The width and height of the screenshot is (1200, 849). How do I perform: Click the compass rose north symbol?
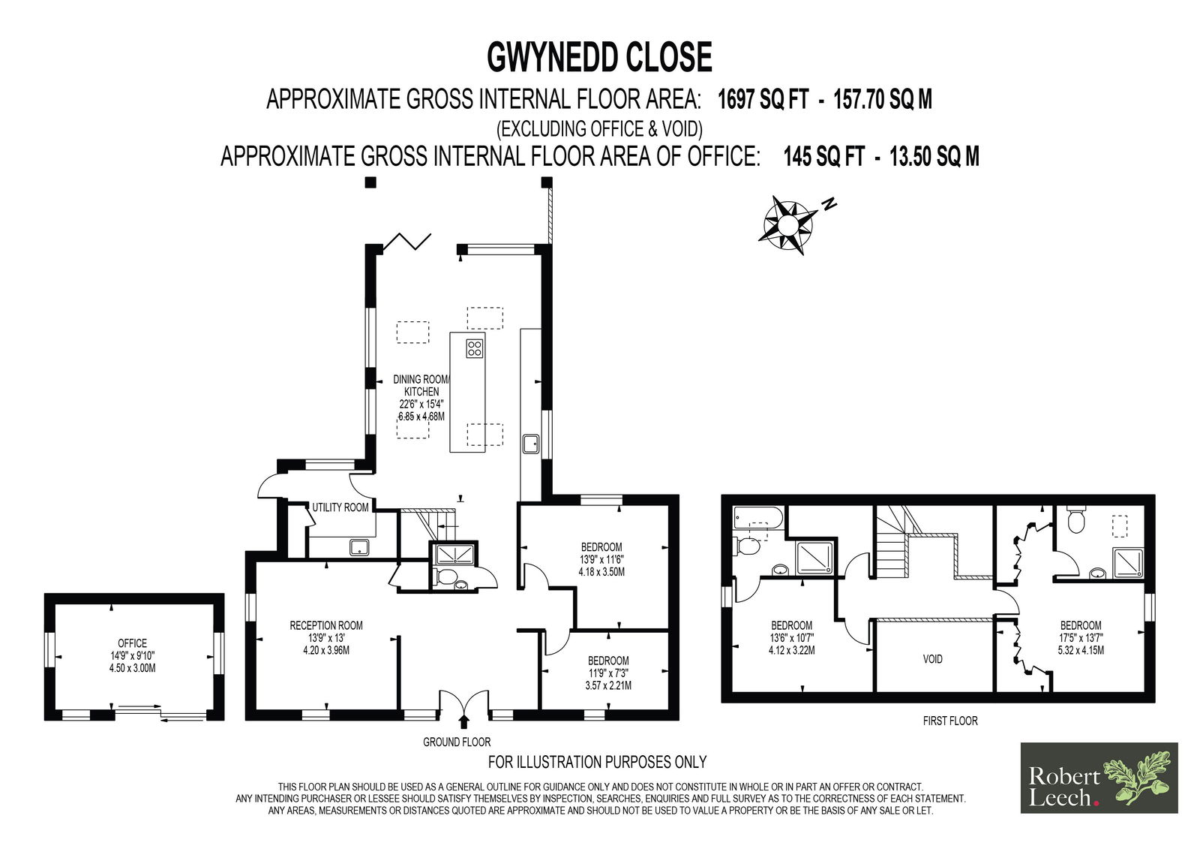coord(829,204)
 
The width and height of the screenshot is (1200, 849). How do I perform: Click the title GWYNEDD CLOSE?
coord(599,57)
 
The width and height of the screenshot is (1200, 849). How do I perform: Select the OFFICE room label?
coord(132,643)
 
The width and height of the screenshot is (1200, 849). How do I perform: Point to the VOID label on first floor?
coord(933,659)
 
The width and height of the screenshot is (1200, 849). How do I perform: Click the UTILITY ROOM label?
coord(340,507)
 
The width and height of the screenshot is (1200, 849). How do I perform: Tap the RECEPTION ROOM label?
coord(326,625)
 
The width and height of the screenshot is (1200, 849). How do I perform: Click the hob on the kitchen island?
coord(475,348)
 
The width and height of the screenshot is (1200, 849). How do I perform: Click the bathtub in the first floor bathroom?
coord(758,519)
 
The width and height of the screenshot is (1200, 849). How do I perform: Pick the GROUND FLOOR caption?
coord(457,742)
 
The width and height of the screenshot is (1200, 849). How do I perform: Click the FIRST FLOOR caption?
coord(950,721)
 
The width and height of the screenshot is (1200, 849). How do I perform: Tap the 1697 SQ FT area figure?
coord(763,99)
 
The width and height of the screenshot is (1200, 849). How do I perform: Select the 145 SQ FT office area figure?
coord(824,157)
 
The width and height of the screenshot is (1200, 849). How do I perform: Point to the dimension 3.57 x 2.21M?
coord(608,685)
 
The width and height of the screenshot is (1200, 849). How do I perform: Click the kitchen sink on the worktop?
coord(532,444)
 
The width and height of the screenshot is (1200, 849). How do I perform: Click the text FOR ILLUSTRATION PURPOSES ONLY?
coord(597,762)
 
